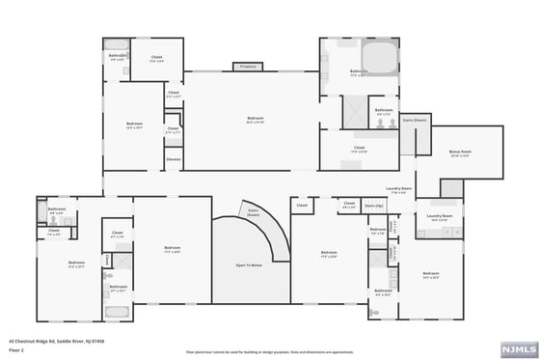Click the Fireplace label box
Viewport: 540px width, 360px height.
click(248, 67)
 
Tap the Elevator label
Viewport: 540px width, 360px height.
click(174, 158)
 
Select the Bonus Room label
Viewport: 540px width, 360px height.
click(460, 153)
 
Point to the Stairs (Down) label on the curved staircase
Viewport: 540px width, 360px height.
click(254, 211)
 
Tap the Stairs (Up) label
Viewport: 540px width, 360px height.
click(374, 206)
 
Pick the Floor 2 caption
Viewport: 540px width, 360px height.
click(16, 350)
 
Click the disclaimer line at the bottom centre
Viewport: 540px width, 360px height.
click(269, 352)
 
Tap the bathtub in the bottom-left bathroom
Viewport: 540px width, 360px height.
click(118, 313)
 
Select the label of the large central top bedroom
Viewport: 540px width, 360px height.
click(256, 121)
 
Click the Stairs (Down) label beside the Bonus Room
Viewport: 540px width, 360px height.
click(415, 121)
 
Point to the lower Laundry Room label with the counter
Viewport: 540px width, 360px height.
click(440, 217)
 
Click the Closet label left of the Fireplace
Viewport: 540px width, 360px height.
click(156, 59)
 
